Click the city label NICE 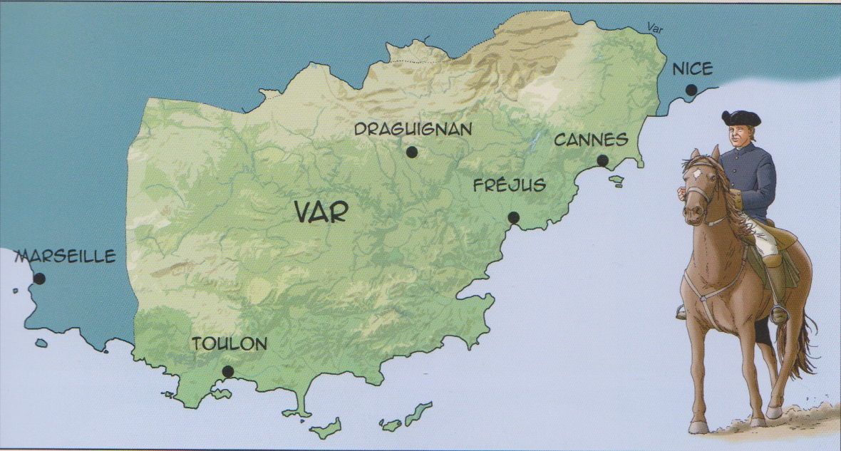(x=692, y=69)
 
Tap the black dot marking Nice (x=691, y=90)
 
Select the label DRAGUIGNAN (x=413, y=129)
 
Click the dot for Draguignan (x=411, y=152)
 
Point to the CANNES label (x=591, y=140)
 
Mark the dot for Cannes (x=603, y=160)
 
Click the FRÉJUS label (x=510, y=186)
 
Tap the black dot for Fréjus (x=514, y=218)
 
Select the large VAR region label (x=321, y=213)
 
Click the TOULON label (x=229, y=344)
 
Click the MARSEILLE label (x=66, y=256)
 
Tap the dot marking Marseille (x=39, y=279)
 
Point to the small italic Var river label (x=655, y=28)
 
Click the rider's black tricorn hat (x=741, y=118)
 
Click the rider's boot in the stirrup (x=778, y=314)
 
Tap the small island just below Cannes (x=616, y=180)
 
